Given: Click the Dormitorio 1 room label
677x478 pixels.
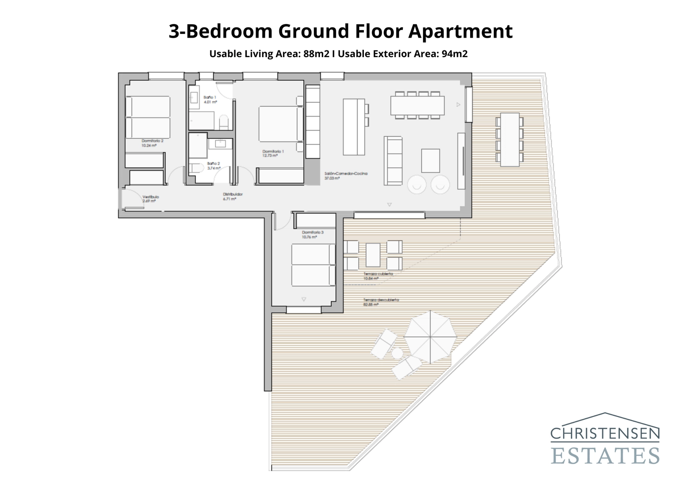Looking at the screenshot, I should pyautogui.click(x=273, y=151).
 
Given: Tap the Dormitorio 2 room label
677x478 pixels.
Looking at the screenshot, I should pyautogui.click(x=152, y=141).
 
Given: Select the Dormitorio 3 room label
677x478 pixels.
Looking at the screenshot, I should pyautogui.click(x=313, y=232).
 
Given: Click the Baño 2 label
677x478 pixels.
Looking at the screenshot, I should pyautogui.click(x=213, y=163).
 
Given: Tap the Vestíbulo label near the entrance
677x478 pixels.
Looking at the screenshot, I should pyautogui.click(x=150, y=197).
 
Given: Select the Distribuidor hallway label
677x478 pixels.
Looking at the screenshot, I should pyautogui.click(x=232, y=194).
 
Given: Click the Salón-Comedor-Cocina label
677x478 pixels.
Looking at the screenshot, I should pyautogui.click(x=346, y=174).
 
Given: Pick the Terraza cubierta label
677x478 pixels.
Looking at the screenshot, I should pyautogui.click(x=378, y=274).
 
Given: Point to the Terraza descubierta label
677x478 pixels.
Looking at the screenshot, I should pyautogui.click(x=381, y=300).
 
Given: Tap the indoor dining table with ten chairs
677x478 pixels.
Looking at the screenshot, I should pyautogui.click(x=417, y=105).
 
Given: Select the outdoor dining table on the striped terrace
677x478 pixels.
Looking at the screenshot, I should pyautogui.click(x=509, y=139).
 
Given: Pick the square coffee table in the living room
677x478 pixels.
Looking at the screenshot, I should pyautogui.click(x=430, y=161).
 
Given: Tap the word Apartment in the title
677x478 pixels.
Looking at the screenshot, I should pyautogui.click(x=460, y=31).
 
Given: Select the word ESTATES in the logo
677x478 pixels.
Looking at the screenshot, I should pyautogui.click(x=605, y=456).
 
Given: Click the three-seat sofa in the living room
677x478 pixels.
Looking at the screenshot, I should pyautogui.click(x=393, y=161).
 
